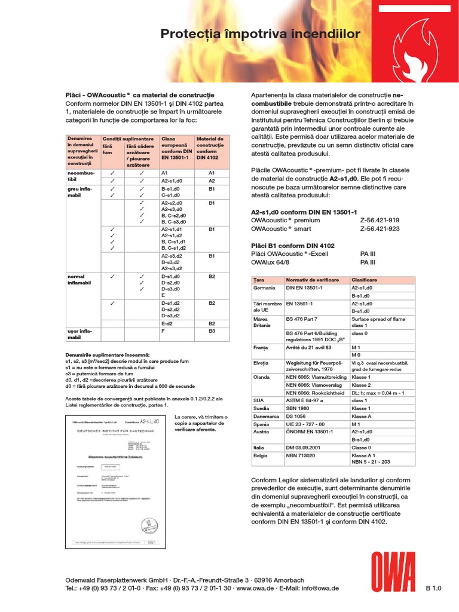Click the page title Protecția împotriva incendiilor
point(260,34)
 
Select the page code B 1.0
point(433,588)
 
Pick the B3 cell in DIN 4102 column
point(211,330)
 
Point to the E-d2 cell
point(168,323)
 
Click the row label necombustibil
point(78,176)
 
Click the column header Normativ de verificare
point(313,280)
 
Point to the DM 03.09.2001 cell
point(307,447)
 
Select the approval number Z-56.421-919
point(380,220)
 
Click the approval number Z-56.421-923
point(380,228)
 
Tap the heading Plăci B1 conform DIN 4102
point(293,246)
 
